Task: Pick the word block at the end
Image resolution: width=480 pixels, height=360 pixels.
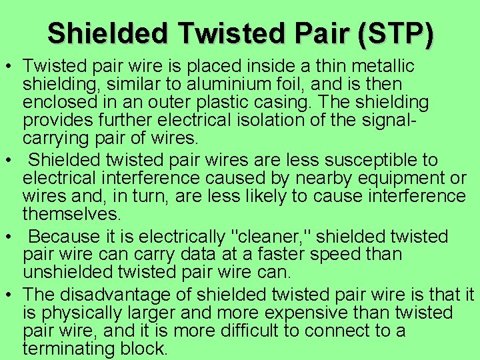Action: [x=147, y=348]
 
